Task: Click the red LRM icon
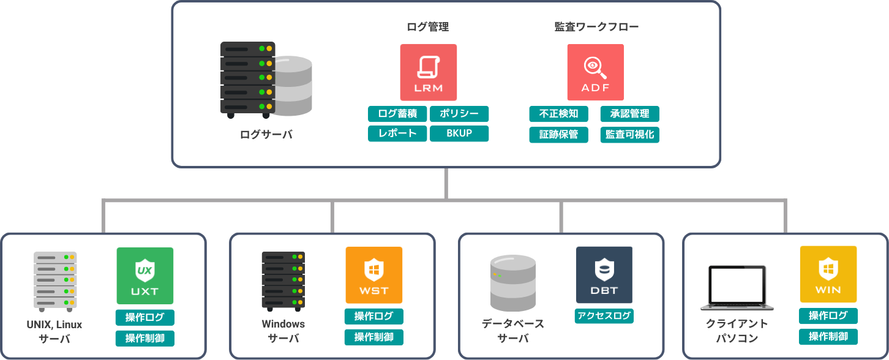coord(429,72)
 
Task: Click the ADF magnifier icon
coord(595,72)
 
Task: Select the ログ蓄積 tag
coord(397,114)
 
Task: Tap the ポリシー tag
coord(459,114)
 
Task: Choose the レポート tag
coord(397,133)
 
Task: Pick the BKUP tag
coord(459,133)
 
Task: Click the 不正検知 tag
coord(558,114)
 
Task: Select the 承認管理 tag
coord(629,114)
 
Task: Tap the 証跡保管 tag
coord(558,135)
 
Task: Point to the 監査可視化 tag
coord(629,135)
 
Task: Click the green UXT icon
coord(145,276)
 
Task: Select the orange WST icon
coord(374,275)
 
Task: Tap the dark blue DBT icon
coord(604,275)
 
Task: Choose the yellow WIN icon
coord(828,274)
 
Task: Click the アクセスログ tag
coord(604,316)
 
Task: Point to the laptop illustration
coord(736,288)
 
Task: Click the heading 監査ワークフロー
coord(596,27)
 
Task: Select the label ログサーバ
coord(266,135)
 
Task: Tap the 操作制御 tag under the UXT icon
coord(145,338)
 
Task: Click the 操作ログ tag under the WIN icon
coord(828,316)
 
